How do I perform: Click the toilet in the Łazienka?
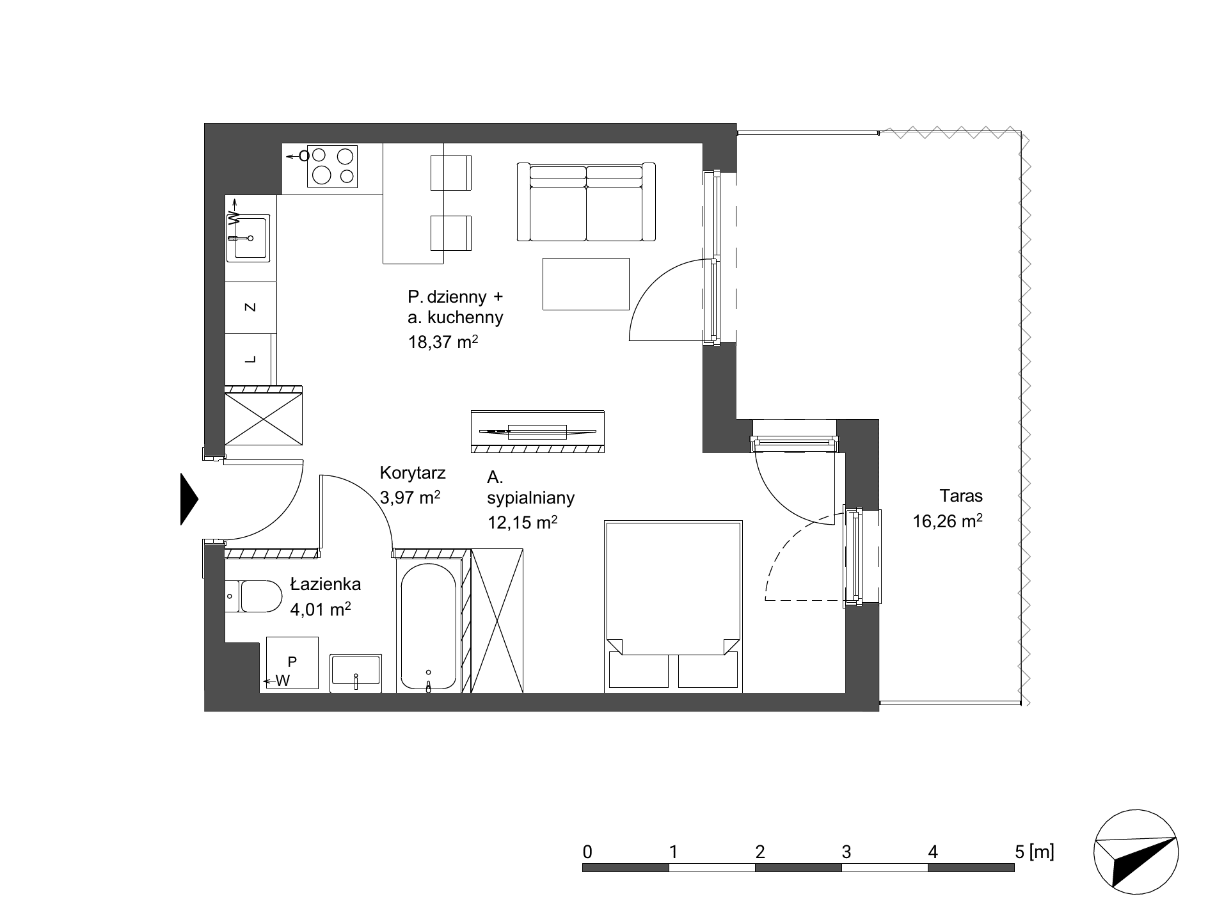click(x=253, y=596)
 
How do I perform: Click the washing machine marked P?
click(x=292, y=663)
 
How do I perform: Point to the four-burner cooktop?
click(x=332, y=166)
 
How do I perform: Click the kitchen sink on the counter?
click(x=248, y=237)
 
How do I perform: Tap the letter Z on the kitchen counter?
click(x=251, y=307)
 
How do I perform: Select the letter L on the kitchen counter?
click(x=251, y=360)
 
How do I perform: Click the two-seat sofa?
click(x=586, y=202)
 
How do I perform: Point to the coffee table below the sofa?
click(x=586, y=284)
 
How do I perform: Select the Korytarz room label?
click(x=413, y=474)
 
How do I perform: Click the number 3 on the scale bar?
click(x=846, y=852)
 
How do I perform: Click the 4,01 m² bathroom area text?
click(x=320, y=609)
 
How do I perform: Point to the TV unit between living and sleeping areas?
click(x=537, y=431)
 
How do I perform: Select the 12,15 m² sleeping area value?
click(x=522, y=522)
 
